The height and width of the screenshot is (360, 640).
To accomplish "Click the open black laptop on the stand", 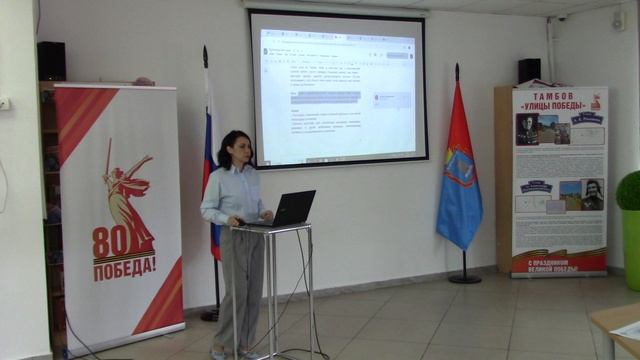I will coord(290,208).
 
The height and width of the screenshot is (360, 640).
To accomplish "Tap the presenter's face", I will coord(240,149).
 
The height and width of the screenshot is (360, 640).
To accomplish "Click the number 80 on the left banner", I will coord(109,242).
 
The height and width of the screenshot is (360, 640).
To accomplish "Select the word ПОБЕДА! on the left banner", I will coord(124,266).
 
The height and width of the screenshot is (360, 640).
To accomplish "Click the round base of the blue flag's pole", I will coord(464,279).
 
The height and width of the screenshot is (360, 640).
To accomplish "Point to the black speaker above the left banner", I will coord(51,61).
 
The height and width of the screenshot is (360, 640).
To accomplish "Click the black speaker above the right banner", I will coord(529,71).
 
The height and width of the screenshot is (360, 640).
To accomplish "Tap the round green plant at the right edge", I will coord(629,190).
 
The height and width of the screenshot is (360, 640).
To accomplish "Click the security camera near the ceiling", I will coord(561,17).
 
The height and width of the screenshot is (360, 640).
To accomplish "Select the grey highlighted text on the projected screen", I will coord(325,97).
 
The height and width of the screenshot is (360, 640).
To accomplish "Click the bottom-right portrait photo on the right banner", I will coord(591,195).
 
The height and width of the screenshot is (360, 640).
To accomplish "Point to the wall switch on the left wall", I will coord(3,103).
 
